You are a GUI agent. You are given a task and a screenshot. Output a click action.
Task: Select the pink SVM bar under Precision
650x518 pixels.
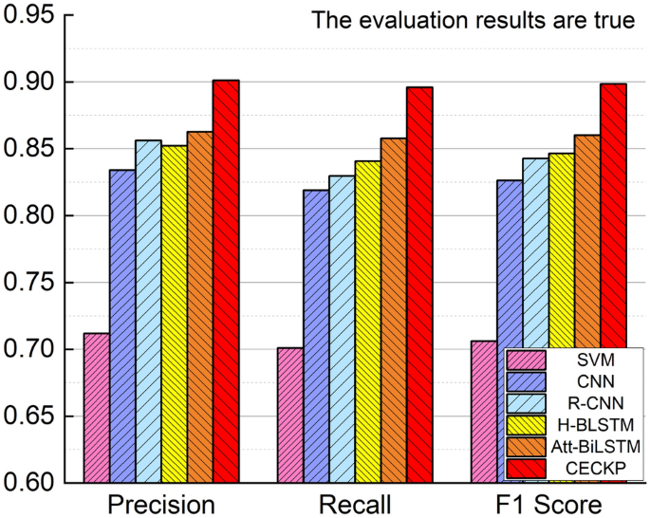point(96,408)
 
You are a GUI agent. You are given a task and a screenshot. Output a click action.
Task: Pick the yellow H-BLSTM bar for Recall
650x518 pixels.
point(367,322)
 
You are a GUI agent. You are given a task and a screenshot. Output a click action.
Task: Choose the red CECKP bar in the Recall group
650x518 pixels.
point(419,285)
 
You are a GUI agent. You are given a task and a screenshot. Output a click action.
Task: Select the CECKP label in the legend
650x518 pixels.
point(594,468)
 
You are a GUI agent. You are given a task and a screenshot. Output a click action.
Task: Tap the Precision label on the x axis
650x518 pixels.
point(160,503)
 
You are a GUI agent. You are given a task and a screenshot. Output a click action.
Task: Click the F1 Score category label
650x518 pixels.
point(548,503)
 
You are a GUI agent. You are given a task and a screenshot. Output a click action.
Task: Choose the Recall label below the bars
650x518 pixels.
point(355,503)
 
